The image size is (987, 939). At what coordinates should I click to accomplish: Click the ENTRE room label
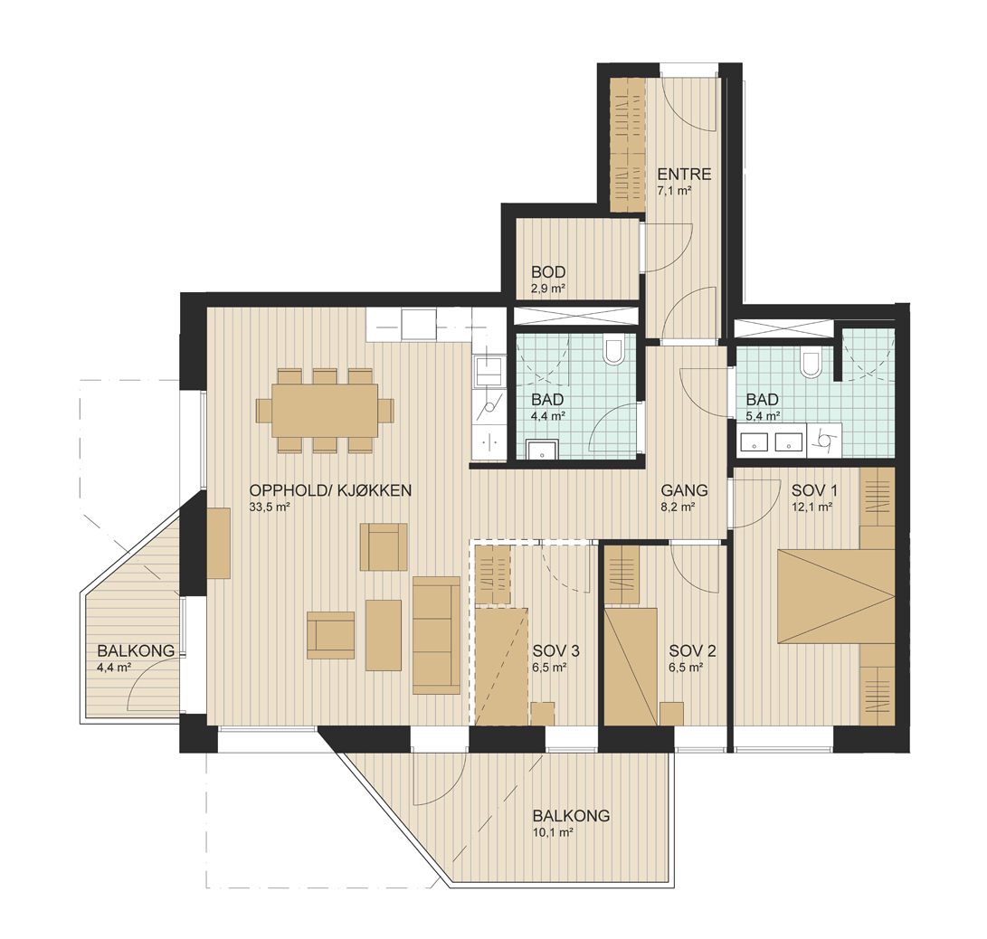tap(684, 174)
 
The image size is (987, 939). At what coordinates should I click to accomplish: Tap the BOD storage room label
tap(548, 272)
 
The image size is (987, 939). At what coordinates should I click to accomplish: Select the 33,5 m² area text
tap(270, 507)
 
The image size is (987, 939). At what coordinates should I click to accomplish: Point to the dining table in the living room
tap(325, 411)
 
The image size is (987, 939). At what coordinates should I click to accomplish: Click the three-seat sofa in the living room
tap(436, 635)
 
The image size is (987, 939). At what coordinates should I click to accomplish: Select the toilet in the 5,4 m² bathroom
tap(810, 363)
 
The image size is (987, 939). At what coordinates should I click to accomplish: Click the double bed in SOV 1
tap(836, 596)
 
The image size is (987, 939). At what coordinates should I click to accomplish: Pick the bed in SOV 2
tap(631, 667)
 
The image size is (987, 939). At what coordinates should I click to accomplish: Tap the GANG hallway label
tap(684, 489)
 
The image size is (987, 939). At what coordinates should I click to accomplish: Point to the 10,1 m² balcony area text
tap(553, 832)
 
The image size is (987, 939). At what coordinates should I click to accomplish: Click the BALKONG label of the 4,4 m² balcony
tap(136, 650)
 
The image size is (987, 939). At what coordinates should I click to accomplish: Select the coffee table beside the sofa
tap(384, 635)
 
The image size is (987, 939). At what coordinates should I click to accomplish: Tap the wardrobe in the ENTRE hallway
tap(629, 144)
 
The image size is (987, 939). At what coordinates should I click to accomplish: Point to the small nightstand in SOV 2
tap(671, 714)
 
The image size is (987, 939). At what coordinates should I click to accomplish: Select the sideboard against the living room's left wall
tap(219, 543)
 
